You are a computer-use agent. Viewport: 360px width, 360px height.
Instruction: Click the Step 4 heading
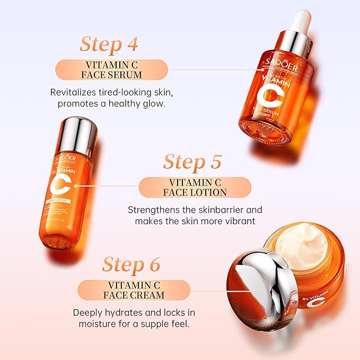pyautogui.click(x=109, y=45)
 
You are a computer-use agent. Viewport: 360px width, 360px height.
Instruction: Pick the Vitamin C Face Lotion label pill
pyautogui.click(x=195, y=187)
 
